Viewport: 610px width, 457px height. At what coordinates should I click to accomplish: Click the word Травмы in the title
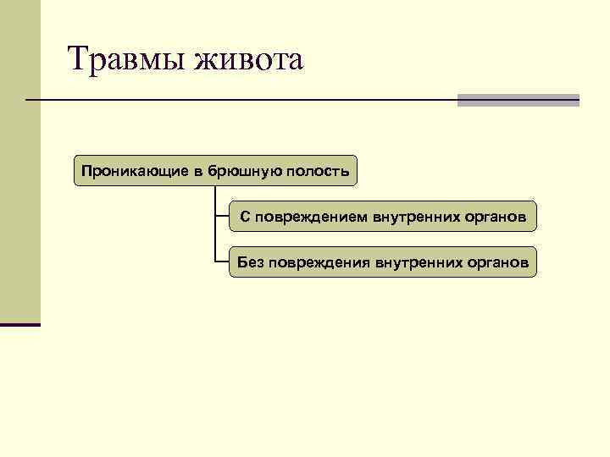[x=125, y=60]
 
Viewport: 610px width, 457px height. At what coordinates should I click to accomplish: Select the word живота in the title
[x=248, y=60]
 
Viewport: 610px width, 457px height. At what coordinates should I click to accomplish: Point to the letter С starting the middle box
[x=245, y=217]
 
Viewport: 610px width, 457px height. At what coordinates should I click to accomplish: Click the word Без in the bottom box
[x=251, y=262]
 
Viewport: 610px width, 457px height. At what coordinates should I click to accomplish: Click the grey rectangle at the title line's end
[x=518, y=100]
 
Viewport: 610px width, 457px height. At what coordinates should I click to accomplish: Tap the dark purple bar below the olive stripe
[x=19, y=324]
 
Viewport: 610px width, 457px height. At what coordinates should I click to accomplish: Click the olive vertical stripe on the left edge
[x=19, y=169]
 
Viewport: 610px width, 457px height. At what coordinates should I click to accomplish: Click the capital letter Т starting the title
[x=78, y=60]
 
